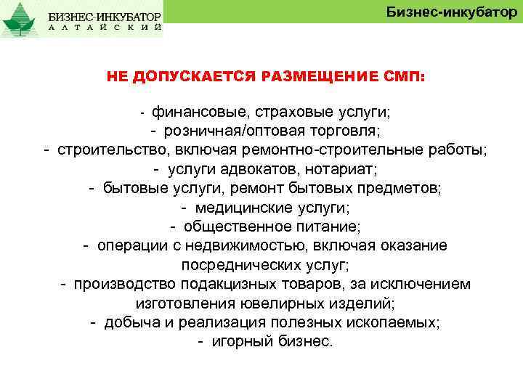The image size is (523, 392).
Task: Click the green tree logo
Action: click(20, 20)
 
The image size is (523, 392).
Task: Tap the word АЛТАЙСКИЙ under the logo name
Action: click(106, 27)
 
